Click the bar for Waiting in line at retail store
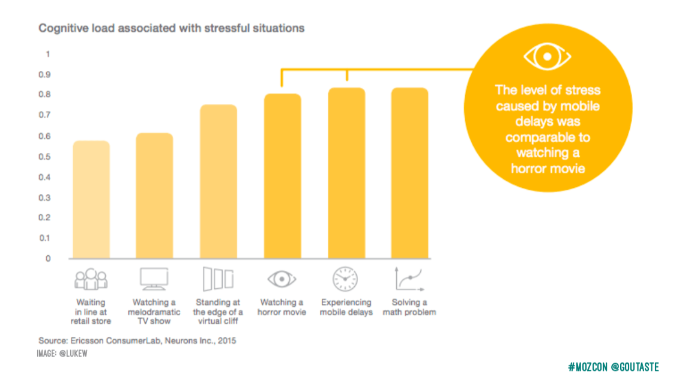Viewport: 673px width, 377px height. pyautogui.click(x=91, y=200)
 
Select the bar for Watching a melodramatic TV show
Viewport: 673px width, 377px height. pyautogui.click(x=154, y=196)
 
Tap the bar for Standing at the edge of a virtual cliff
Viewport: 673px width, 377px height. pyautogui.click(x=219, y=182)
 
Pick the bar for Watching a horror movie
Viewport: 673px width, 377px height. pyautogui.click(x=282, y=176)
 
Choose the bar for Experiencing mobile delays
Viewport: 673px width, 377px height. pyautogui.click(x=346, y=173)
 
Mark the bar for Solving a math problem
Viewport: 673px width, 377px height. pyautogui.click(x=409, y=173)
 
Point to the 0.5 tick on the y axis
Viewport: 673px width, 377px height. pyautogui.click(x=46, y=157)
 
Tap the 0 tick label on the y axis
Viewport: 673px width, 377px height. pyautogui.click(x=48, y=259)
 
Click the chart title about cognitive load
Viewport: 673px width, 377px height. pyautogui.click(x=172, y=28)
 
